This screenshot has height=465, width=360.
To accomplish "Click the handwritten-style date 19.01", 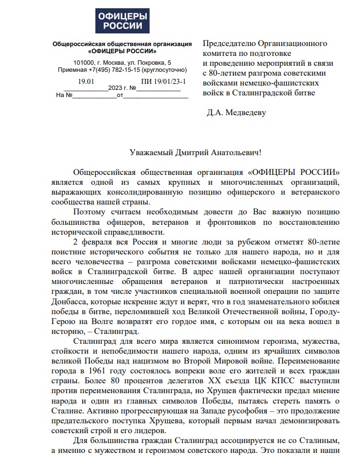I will (x=87, y=82).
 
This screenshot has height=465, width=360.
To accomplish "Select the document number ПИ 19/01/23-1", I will (x=163, y=82).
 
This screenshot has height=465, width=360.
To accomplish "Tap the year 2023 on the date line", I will (x=115, y=88).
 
